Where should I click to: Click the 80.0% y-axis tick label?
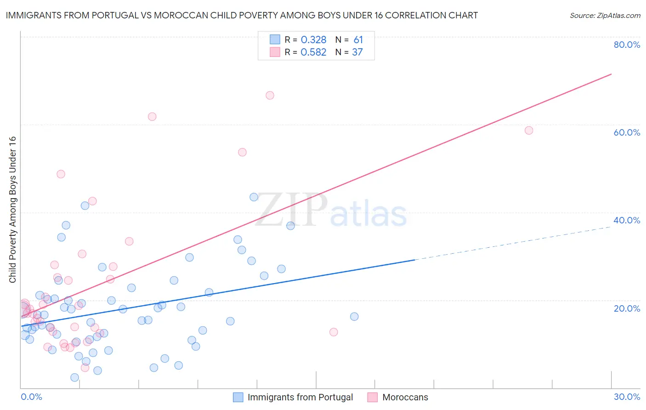click(627, 45)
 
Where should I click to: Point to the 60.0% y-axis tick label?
click(627, 132)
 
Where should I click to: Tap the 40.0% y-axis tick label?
click(627, 220)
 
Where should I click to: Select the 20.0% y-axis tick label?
click(627, 308)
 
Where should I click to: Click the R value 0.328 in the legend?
click(313, 40)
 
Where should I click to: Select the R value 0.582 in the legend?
click(313, 52)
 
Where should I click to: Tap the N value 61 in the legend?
click(358, 40)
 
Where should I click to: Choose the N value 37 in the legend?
click(357, 52)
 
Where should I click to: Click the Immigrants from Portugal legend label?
click(300, 398)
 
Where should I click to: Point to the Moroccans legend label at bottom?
click(405, 398)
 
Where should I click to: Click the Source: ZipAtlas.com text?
click(605, 16)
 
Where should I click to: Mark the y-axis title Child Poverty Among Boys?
click(13, 210)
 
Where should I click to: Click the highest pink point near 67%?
click(270, 96)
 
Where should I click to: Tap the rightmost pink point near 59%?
click(529, 131)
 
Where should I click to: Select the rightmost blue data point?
click(354, 317)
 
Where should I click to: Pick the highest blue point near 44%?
click(254, 197)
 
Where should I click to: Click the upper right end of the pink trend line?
click(611, 74)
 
